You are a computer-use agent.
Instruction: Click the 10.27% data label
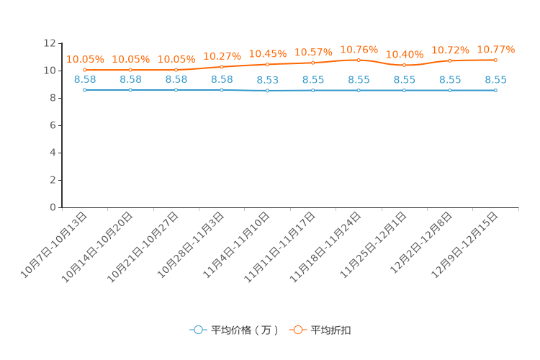click(222, 56)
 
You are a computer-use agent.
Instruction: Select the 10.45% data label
click(267, 54)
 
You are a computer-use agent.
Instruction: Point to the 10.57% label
click(313, 53)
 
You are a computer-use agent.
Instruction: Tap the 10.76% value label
click(359, 50)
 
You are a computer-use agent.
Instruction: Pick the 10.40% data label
click(405, 55)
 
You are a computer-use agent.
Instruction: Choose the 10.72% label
click(450, 50)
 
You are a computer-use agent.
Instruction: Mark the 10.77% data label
click(495, 50)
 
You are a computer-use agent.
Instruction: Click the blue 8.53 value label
click(267, 80)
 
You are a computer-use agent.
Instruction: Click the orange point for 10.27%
click(222, 67)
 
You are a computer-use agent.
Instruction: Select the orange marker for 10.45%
click(267, 64)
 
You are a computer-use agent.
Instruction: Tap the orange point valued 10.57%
click(313, 63)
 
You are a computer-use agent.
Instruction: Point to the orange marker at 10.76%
click(359, 60)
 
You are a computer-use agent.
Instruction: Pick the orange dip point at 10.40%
click(405, 65)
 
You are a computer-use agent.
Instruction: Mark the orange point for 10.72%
click(450, 60)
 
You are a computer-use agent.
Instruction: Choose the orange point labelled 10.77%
click(495, 60)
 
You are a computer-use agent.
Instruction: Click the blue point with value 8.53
click(267, 91)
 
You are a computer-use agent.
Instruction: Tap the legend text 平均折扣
click(331, 330)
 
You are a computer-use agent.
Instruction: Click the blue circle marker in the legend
click(198, 330)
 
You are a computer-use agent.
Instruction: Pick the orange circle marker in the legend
click(297, 330)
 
